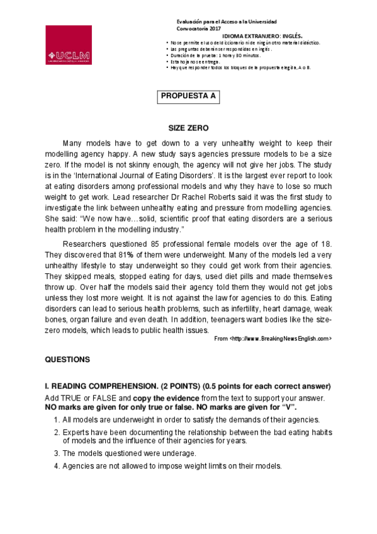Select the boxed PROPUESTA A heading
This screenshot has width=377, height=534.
tap(188, 96)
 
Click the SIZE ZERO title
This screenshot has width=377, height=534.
tap(188, 128)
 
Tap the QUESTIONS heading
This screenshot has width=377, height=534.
tap(67, 360)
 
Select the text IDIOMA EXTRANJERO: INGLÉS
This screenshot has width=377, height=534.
tap(266, 36)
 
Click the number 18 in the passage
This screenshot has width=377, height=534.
tap(327, 245)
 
